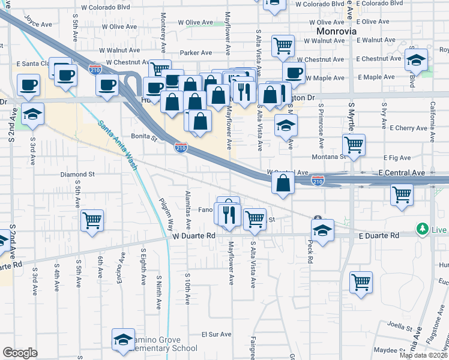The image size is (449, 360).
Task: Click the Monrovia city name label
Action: (337, 30)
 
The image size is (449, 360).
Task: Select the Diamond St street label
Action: (77, 175)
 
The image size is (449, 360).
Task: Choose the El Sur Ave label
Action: (216, 334)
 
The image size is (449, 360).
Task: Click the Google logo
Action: (20, 353)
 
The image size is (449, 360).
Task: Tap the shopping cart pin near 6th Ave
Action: (92, 220)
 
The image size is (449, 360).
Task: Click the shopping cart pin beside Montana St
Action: (354, 144)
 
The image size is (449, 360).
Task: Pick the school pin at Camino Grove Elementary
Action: (123, 338)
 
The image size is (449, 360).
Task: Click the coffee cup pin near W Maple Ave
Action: (293, 73)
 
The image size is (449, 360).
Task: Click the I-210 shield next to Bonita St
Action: (181, 147)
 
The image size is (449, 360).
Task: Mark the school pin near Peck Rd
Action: (322, 230)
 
